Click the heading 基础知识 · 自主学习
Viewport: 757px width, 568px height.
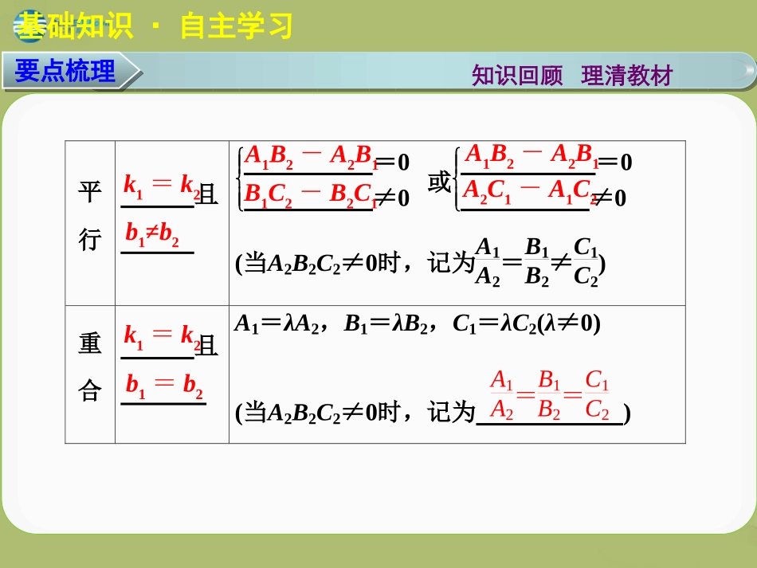coord(156,26)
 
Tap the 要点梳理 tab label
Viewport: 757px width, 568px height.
coord(65,71)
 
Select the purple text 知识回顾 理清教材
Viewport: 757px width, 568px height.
coord(572,76)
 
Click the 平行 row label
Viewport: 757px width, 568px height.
coord(90,215)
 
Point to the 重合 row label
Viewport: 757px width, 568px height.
coord(90,367)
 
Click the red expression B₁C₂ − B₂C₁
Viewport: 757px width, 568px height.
coord(309,194)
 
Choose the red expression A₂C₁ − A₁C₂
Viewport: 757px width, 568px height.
coord(529,190)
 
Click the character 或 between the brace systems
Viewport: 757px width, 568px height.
coord(438,183)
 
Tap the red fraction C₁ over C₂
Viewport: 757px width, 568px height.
coord(597,394)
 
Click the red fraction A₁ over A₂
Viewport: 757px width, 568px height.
coord(502,394)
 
